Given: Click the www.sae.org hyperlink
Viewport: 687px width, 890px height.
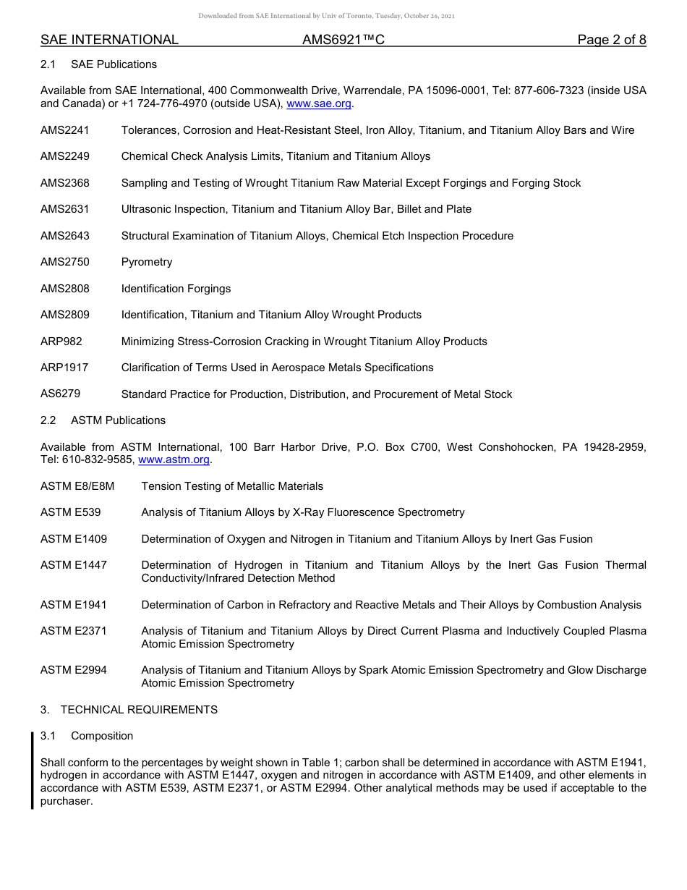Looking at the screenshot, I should [319, 104].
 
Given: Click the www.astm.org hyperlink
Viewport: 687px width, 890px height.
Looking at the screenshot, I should [174, 460].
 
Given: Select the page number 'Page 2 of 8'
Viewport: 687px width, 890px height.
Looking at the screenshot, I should [611, 40].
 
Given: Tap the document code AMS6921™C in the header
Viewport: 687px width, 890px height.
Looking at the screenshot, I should [343, 40].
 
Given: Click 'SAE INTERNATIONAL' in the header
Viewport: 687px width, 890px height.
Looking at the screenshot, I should [109, 40].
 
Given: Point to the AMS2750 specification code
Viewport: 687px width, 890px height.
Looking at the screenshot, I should [65, 262].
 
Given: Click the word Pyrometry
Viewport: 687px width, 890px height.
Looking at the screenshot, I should [147, 262].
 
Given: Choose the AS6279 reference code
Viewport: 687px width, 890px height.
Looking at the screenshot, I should [61, 394].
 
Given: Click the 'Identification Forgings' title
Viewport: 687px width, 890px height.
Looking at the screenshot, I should [176, 289].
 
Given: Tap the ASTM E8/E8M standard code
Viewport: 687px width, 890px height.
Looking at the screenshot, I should [77, 486].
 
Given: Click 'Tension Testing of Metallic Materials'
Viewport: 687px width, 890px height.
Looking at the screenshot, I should [232, 486].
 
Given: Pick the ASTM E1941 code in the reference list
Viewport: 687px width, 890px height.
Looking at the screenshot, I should [74, 605].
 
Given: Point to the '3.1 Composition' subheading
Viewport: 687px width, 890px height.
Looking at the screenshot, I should [87, 736].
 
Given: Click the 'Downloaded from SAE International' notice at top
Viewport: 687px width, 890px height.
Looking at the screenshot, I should [326, 16].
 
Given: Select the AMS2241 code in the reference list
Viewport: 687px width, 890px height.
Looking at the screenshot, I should [65, 130].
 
